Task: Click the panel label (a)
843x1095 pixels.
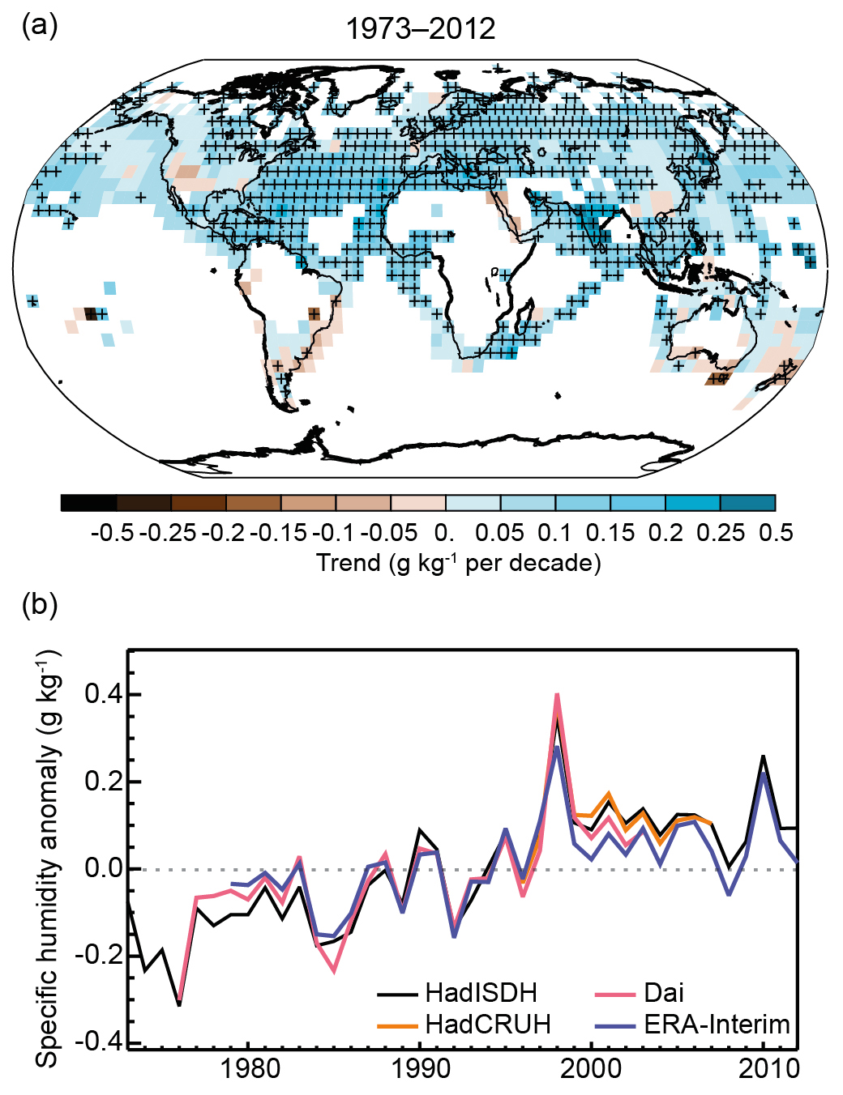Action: [40, 26]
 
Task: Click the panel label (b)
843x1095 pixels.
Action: [40, 604]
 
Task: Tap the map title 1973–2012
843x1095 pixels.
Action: [420, 29]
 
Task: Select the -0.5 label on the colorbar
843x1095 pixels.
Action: [113, 533]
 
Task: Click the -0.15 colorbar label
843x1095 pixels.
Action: [279, 533]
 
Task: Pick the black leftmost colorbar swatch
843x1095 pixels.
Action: [88, 503]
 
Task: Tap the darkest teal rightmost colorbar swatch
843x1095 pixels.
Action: [747, 503]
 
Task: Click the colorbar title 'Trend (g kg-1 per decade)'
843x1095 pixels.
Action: [458, 562]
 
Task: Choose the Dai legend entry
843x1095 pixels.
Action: [664, 993]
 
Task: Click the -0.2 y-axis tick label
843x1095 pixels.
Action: [96, 955]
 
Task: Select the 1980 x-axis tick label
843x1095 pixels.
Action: [250, 1069]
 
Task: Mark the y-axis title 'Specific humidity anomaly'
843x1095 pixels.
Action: [49, 859]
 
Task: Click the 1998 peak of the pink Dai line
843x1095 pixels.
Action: [557, 695]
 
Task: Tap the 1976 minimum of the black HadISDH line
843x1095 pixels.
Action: [179, 1004]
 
